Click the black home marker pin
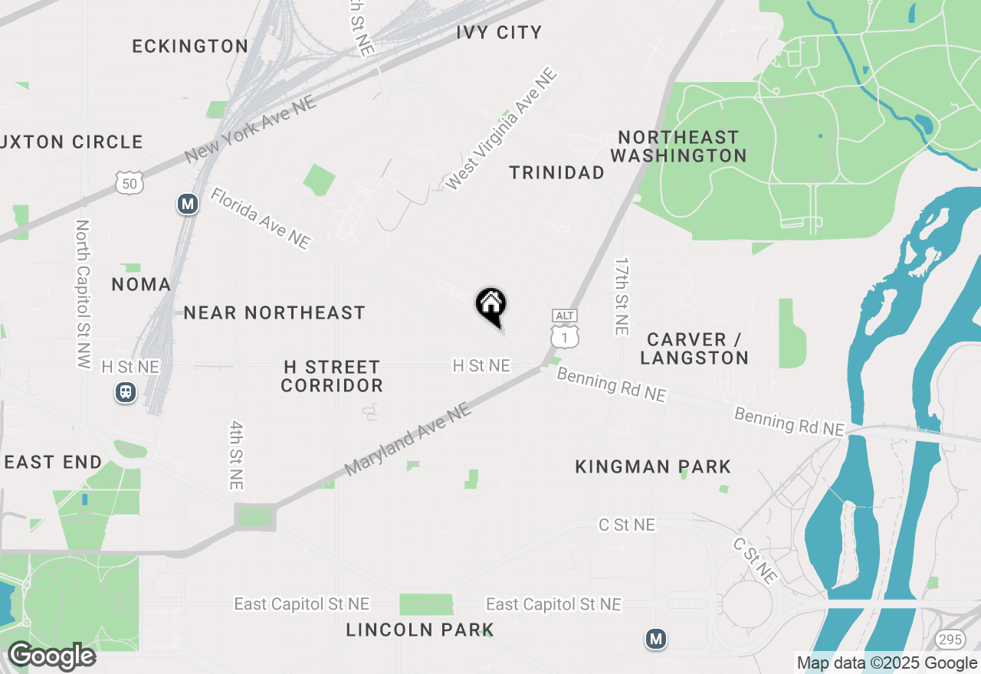490,305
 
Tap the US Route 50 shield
130,182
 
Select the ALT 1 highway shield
564,330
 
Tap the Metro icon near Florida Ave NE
187,204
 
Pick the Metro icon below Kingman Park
655,639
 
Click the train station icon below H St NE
126,393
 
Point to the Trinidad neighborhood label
556,173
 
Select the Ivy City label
498,32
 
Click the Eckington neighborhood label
190,46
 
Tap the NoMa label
141,285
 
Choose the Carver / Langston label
694,348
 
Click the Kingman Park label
653,466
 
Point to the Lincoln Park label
419,630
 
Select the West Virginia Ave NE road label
501,129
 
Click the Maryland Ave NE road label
407,440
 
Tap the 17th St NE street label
621,296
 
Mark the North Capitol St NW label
83,294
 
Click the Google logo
51,656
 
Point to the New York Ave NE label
251,130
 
